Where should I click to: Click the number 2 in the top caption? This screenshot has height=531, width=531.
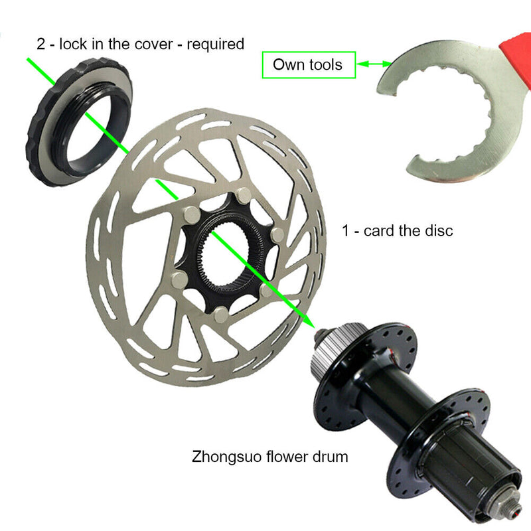coord(40,44)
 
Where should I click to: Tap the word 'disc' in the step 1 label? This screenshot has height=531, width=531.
coord(438,231)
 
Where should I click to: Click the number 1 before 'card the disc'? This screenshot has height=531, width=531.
coord(346,231)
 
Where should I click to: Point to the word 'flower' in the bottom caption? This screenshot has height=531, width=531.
coord(284,456)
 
